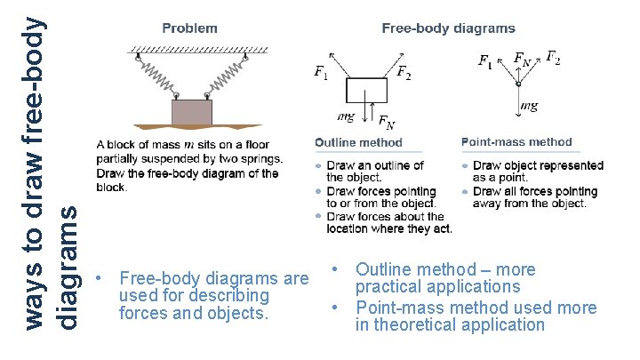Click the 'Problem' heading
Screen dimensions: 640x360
189,28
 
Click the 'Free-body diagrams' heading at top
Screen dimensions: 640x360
448,28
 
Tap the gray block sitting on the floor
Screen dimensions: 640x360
192,112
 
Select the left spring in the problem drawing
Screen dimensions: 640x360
158,77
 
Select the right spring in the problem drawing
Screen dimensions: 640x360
226,77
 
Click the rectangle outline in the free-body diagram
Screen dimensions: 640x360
366,92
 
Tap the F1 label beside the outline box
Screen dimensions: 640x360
320,73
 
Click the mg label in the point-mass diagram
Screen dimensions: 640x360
529,107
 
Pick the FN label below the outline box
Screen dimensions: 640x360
388,122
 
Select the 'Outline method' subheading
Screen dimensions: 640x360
358,142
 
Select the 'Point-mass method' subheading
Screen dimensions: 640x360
516,142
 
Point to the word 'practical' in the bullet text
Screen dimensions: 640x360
392,287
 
